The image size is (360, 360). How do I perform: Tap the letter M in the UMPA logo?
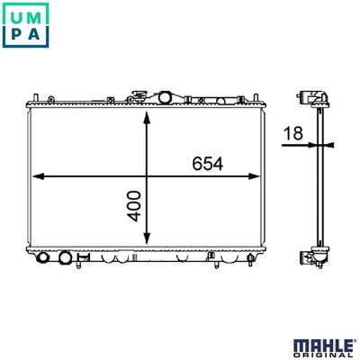(34, 18)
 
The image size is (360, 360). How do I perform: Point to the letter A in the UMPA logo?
(34, 33)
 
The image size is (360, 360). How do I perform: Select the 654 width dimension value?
(208, 164)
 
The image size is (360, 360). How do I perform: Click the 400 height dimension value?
(134, 206)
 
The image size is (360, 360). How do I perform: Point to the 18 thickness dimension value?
(293, 133)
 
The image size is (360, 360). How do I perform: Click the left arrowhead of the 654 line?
(38, 176)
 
